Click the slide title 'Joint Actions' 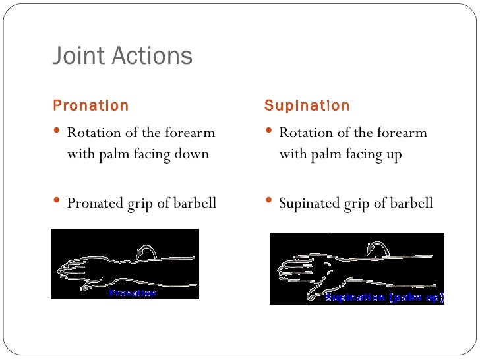[122, 56]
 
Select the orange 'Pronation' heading [90, 105]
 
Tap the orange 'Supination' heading [307, 105]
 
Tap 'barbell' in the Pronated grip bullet [194, 203]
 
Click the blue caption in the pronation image [133, 292]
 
